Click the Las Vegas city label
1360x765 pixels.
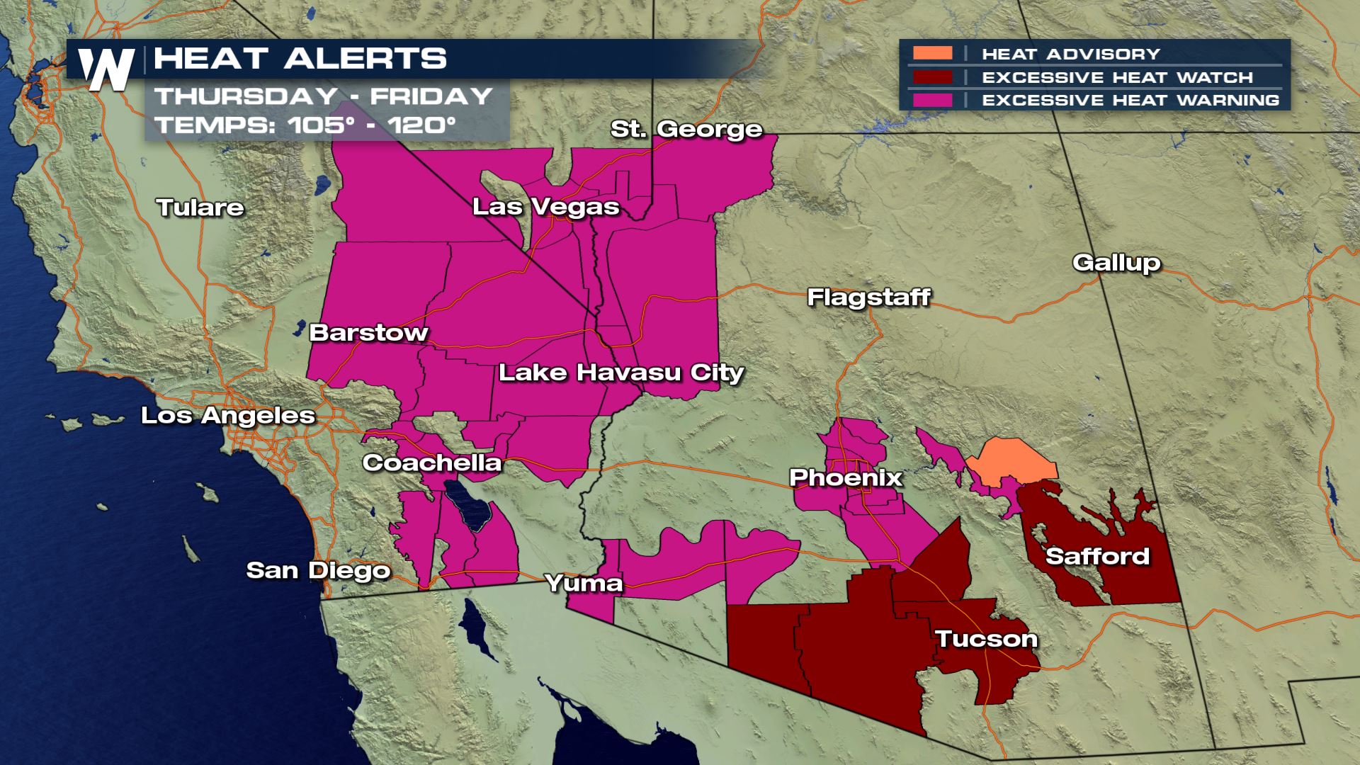[x=545, y=207]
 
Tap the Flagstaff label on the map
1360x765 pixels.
[x=868, y=297]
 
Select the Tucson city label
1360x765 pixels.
[x=986, y=639]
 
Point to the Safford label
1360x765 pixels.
[x=1097, y=556]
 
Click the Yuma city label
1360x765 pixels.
[x=584, y=583]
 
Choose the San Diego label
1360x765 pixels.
[x=318, y=570]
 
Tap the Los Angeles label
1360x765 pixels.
[x=228, y=415]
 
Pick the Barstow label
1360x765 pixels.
[x=368, y=332]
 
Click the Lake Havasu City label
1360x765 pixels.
[x=621, y=373]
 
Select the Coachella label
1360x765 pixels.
[x=432, y=463]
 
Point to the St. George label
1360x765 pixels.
[x=686, y=129]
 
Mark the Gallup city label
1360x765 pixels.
[x=1116, y=263]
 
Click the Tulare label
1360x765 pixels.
[x=200, y=208]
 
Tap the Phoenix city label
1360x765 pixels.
[x=846, y=477]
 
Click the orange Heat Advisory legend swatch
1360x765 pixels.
[x=932, y=54]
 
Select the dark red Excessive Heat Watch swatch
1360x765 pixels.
[x=932, y=77]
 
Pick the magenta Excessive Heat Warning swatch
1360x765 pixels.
[x=932, y=100]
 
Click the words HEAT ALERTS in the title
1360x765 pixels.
[x=300, y=59]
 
